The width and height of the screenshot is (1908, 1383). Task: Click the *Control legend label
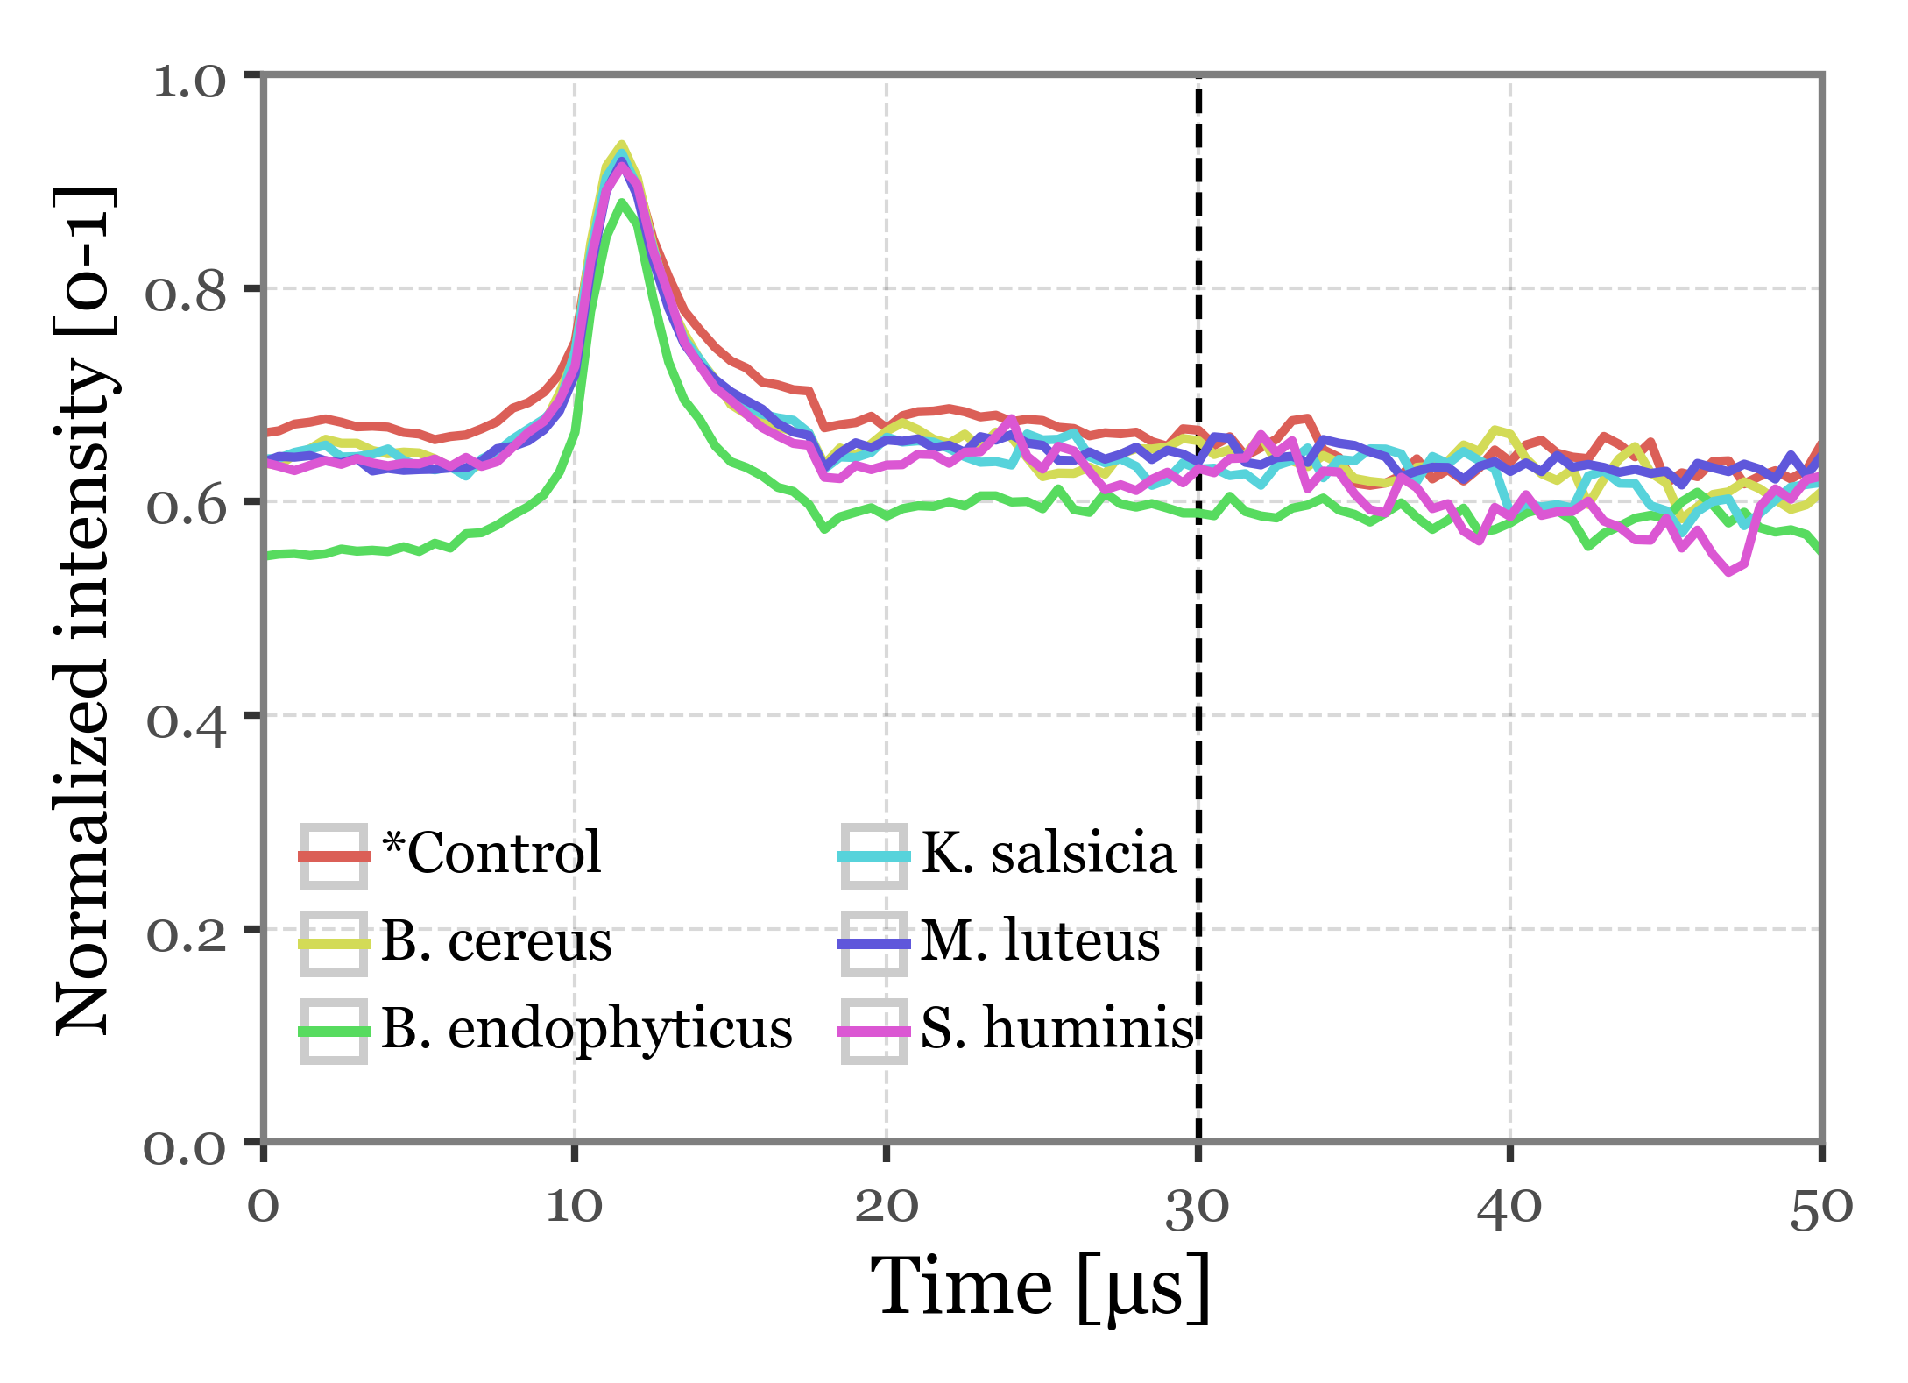(491, 853)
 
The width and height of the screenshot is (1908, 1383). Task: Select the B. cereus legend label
(497, 941)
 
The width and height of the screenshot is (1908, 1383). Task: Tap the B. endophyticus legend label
(587, 1029)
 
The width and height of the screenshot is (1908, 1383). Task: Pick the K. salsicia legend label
(1048, 853)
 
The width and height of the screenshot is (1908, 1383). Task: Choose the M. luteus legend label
(1041, 941)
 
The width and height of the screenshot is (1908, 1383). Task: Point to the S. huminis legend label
(1057, 1029)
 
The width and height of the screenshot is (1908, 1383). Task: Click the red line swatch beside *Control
(334, 855)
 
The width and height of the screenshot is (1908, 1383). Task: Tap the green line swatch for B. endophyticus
(334, 1032)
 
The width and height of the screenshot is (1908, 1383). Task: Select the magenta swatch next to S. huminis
(873, 1032)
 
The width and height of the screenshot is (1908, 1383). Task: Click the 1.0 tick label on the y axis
(189, 82)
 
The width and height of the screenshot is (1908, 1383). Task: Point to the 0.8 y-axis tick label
(186, 294)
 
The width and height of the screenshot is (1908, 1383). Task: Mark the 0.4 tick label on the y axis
(186, 720)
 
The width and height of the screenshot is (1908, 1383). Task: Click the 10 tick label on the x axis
(574, 1207)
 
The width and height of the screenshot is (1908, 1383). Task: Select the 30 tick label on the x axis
(1198, 1207)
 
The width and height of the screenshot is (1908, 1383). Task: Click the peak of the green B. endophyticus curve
(621, 203)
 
